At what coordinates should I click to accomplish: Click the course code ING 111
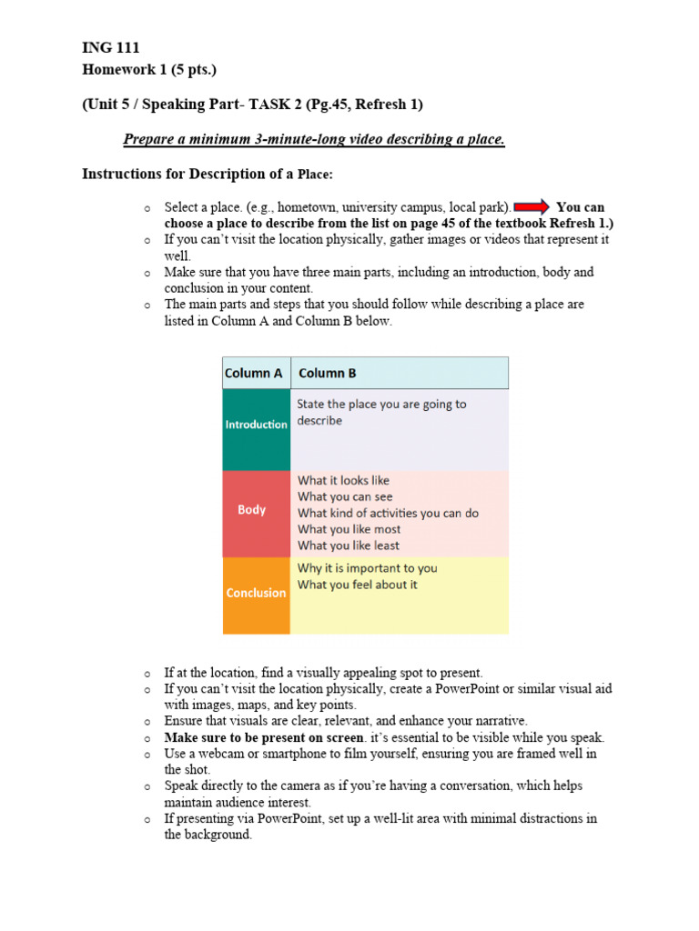[110, 48]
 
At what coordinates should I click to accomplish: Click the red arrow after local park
[531, 207]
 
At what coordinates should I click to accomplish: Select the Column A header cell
[256, 373]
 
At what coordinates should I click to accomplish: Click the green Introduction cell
[256, 425]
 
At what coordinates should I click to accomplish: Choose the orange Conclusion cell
[256, 593]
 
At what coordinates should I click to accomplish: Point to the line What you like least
[348, 546]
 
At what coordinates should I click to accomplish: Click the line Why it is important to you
[367, 568]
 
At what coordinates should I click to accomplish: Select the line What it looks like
[343, 480]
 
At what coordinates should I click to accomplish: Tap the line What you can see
[345, 496]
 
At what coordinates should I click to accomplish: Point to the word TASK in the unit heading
[290, 105]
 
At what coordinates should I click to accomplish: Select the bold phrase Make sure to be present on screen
[264, 737]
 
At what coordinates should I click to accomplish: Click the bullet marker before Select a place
[146, 208]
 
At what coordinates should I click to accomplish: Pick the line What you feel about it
[357, 585]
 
